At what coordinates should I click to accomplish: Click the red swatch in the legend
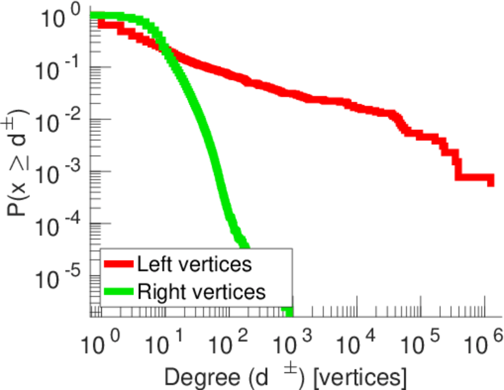pos(118,265)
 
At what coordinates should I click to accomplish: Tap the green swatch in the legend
pos(118,292)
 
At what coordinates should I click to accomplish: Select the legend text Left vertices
pos(194,265)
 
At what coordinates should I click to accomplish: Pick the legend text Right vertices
pos(201,292)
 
